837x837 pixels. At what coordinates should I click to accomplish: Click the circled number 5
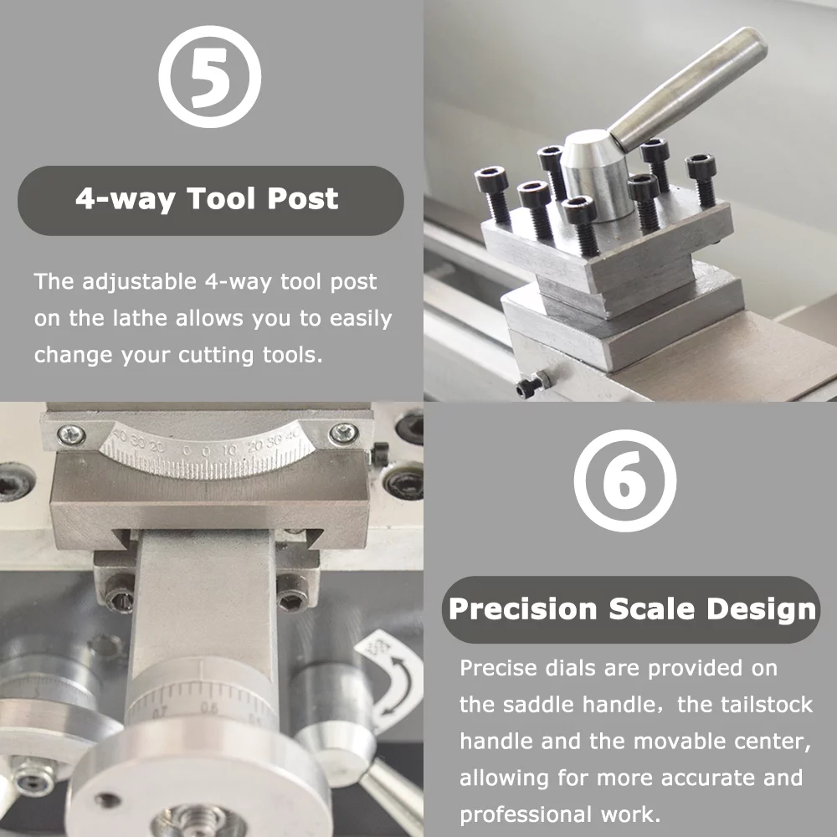(210, 77)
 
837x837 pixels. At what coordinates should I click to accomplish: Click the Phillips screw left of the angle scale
(72, 434)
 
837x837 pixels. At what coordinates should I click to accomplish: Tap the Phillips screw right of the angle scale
(342, 433)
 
